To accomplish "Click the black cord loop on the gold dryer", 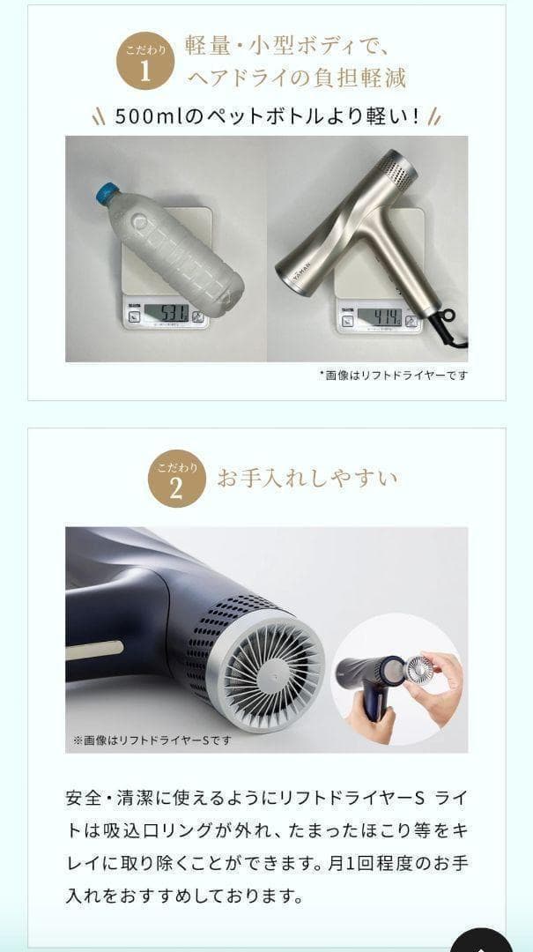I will coord(452,313).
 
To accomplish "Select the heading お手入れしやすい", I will coord(307,479).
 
